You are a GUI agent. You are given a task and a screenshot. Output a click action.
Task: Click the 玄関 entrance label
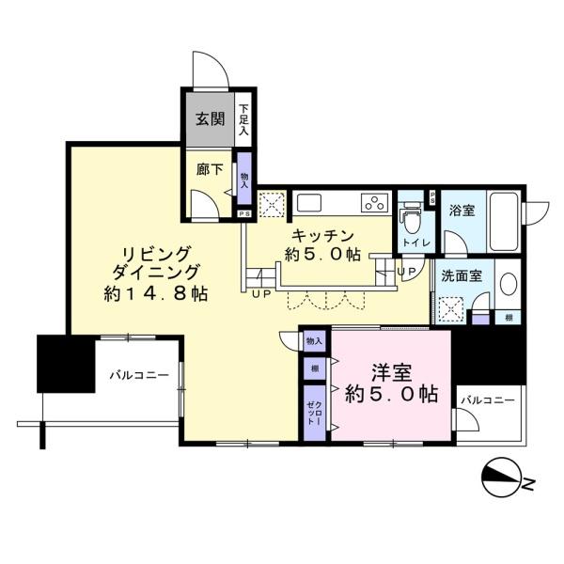click(x=210, y=118)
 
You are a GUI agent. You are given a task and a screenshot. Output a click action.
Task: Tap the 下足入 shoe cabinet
click(x=243, y=119)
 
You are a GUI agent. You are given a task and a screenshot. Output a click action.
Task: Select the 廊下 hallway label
click(x=210, y=169)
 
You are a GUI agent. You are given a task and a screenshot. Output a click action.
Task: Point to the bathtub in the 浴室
click(x=504, y=221)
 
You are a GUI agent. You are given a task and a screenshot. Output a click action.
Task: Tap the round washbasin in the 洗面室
click(x=509, y=285)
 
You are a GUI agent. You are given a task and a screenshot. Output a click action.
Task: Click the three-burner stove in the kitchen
click(x=376, y=203)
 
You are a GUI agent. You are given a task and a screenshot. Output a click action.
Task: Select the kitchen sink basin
click(x=308, y=203)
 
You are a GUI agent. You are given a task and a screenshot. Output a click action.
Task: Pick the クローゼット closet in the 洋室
click(x=315, y=413)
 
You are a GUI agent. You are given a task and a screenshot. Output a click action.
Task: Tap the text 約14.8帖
click(x=156, y=294)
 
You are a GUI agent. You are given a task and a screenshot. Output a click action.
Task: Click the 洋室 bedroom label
click(x=392, y=373)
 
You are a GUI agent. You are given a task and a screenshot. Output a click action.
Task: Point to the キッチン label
click(x=322, y=236)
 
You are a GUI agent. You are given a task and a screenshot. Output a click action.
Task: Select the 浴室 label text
click(x=462, y=210)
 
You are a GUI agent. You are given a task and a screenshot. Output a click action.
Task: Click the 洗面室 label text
click(x=462, y=276)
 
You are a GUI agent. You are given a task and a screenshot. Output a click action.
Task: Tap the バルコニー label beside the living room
click(x=139, y=376)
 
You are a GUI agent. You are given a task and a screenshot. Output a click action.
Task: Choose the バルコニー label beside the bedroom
click(x=488, y=400)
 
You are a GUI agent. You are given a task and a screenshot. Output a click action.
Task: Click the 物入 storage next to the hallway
click(x=244, y=179)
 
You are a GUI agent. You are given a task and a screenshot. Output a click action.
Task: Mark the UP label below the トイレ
click(x=406, y=272)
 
